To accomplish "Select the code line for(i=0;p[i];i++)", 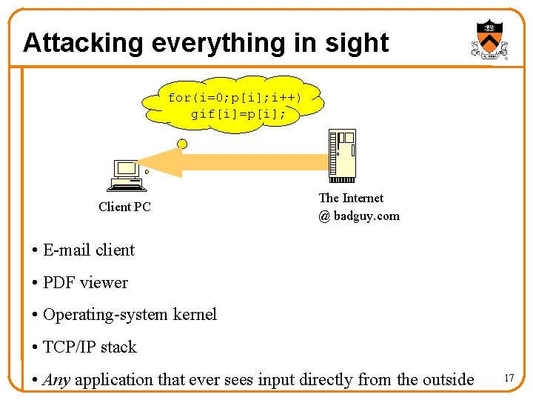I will [234, 98].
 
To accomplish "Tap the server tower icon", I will [342, 155].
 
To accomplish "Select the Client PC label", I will [124, 207].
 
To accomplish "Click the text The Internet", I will [351, 198].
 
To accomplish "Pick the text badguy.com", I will [366, 216].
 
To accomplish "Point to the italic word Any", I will [56, 380].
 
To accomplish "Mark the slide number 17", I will [509, 379].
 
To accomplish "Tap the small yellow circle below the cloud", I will [182, 144].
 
